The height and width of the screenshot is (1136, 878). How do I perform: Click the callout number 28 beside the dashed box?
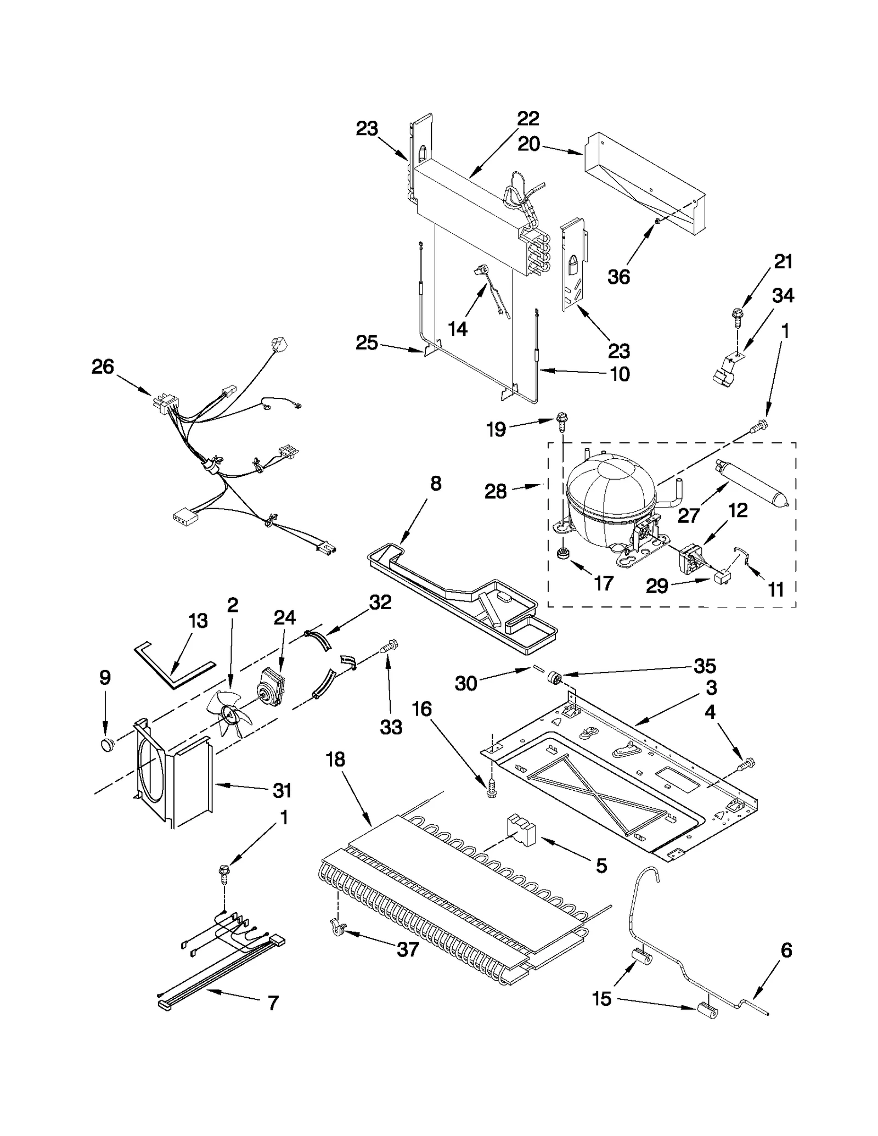click(495, 491)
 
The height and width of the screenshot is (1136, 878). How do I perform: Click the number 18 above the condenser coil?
click(335, 760)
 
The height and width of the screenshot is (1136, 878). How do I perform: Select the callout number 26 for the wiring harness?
click(103, 367)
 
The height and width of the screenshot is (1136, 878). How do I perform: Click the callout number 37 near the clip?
click(407, 949)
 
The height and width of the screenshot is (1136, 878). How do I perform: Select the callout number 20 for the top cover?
click(529, 144)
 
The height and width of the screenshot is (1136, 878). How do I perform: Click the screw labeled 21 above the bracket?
click(736, 315)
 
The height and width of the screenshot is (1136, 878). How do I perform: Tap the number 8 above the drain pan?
click(435, 483)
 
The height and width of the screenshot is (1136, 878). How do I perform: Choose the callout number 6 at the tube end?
click(786, 950)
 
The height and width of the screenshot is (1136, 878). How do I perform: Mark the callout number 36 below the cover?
click(618, 277)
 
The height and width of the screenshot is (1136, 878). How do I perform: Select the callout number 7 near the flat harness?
click(273, 1003)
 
